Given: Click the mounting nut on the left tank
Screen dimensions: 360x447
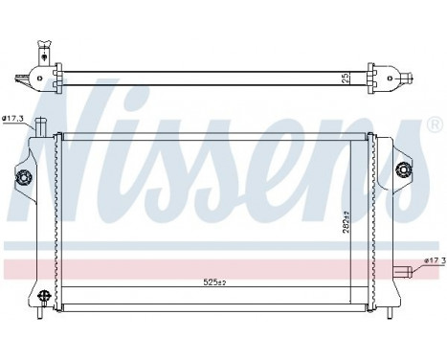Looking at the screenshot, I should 23,176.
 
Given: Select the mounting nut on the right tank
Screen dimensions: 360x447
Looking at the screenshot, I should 402,171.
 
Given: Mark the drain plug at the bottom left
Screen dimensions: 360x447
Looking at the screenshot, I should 41,304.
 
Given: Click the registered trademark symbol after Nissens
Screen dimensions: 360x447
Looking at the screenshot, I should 434,125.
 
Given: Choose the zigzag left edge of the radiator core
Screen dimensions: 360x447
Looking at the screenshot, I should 58,220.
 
